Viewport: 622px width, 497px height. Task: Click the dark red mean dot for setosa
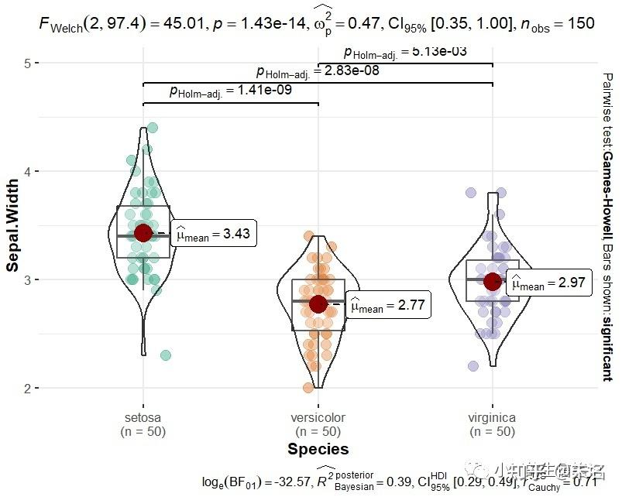[143, 233]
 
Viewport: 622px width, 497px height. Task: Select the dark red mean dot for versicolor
[318, 304]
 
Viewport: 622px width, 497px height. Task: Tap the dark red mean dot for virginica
[493, 281]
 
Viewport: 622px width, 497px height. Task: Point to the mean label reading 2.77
[387, 306]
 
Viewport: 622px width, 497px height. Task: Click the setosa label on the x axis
[143, 418]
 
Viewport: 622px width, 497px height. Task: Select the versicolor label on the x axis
[318, 418]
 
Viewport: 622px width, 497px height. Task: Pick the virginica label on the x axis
[493, 418]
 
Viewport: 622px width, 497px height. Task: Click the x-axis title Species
[318, 449]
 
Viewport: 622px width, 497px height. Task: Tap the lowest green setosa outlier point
[165, 355]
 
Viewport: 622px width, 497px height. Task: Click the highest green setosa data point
[153, 128]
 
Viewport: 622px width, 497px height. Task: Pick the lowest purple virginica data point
[473, 366]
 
